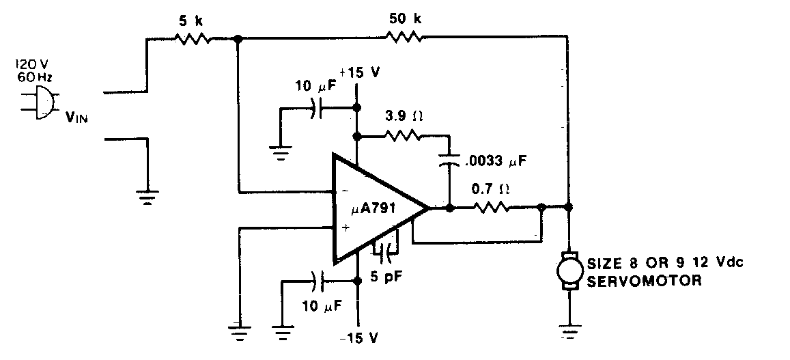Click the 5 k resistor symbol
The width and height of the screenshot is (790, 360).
point(193,40)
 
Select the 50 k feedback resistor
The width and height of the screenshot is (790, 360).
point(404,40)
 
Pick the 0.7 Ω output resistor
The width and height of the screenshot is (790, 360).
point(493,207)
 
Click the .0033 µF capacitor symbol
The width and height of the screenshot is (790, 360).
point(449,161)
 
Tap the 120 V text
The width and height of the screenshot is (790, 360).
point(29,65)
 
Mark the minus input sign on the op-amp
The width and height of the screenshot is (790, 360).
point(345,191)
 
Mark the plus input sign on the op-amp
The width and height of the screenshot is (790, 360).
point(345,228)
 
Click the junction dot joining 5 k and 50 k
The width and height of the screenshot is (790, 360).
point(238,40)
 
